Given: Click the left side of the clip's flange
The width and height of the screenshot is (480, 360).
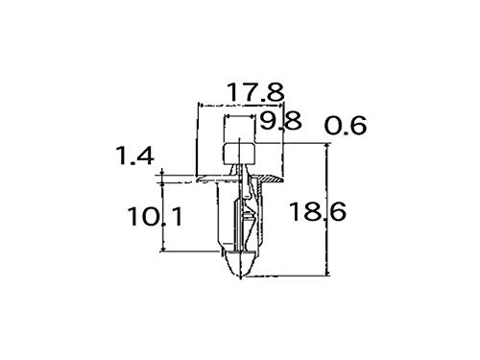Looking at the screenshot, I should click(x=205, y=179).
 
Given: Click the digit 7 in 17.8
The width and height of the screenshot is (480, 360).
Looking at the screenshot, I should click(x=247, y=92).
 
